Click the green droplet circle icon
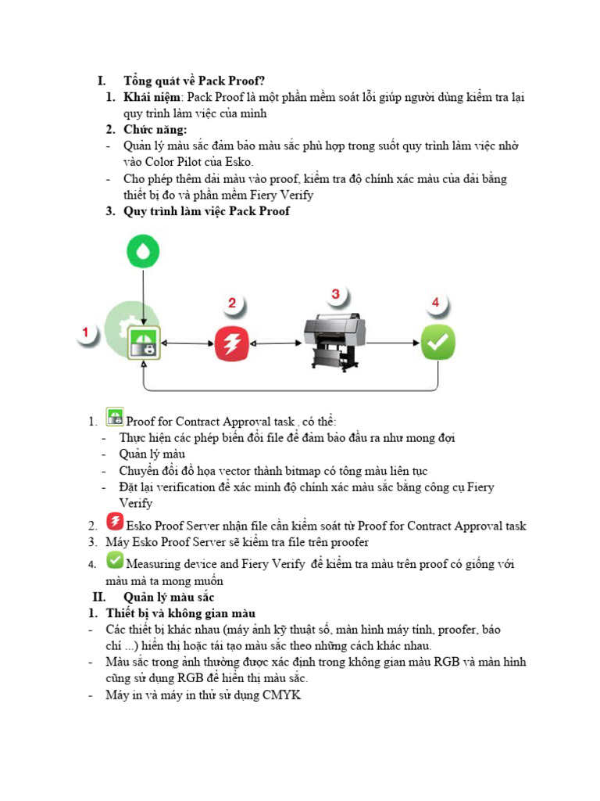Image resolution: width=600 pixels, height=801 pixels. click(145, 250)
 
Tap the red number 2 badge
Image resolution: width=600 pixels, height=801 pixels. click(232, 303)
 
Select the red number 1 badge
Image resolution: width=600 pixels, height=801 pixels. click(87, 332)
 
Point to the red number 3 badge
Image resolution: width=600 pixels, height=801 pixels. click(335, 295)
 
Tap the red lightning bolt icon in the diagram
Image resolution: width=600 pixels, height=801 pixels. click(232, 342)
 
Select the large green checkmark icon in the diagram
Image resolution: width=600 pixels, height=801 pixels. click(438, 342)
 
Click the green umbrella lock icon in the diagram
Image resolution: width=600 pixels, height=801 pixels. click(145, 342)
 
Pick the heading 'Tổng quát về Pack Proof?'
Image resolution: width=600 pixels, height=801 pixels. click(194, 81)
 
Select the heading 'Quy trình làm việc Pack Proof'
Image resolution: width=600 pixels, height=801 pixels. click(206, 211)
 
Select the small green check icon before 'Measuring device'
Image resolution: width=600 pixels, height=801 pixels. click(115, 561)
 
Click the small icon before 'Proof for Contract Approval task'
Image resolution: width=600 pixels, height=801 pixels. click(115, 417)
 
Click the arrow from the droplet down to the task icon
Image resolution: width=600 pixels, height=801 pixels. click(145, 293)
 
